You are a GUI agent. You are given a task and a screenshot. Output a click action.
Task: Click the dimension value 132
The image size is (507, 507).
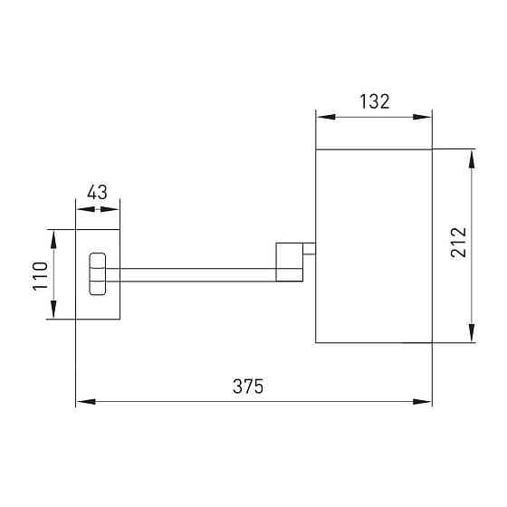tap(375, 101)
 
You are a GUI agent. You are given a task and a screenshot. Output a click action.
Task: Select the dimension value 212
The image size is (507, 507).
tap(459, 243)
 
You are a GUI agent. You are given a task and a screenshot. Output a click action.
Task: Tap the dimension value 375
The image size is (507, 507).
tap(248, 386)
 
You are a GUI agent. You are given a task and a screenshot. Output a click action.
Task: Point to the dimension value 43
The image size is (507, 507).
tap(97, 192)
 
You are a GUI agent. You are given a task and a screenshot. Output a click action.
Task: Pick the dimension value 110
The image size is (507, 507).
tap(41, 276)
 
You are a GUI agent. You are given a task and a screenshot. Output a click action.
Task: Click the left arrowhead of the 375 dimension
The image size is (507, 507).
tap(86, 402)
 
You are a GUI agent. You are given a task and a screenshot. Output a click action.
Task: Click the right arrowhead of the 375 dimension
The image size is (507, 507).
tap(422, 402)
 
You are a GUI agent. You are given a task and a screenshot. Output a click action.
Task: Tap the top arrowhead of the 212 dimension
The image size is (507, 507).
tap(472, 159)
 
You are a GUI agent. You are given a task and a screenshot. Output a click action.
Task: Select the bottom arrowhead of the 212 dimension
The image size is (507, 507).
tap(472, 332)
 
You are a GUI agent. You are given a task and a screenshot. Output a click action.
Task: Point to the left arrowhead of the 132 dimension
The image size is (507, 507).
tap(326, 117)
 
